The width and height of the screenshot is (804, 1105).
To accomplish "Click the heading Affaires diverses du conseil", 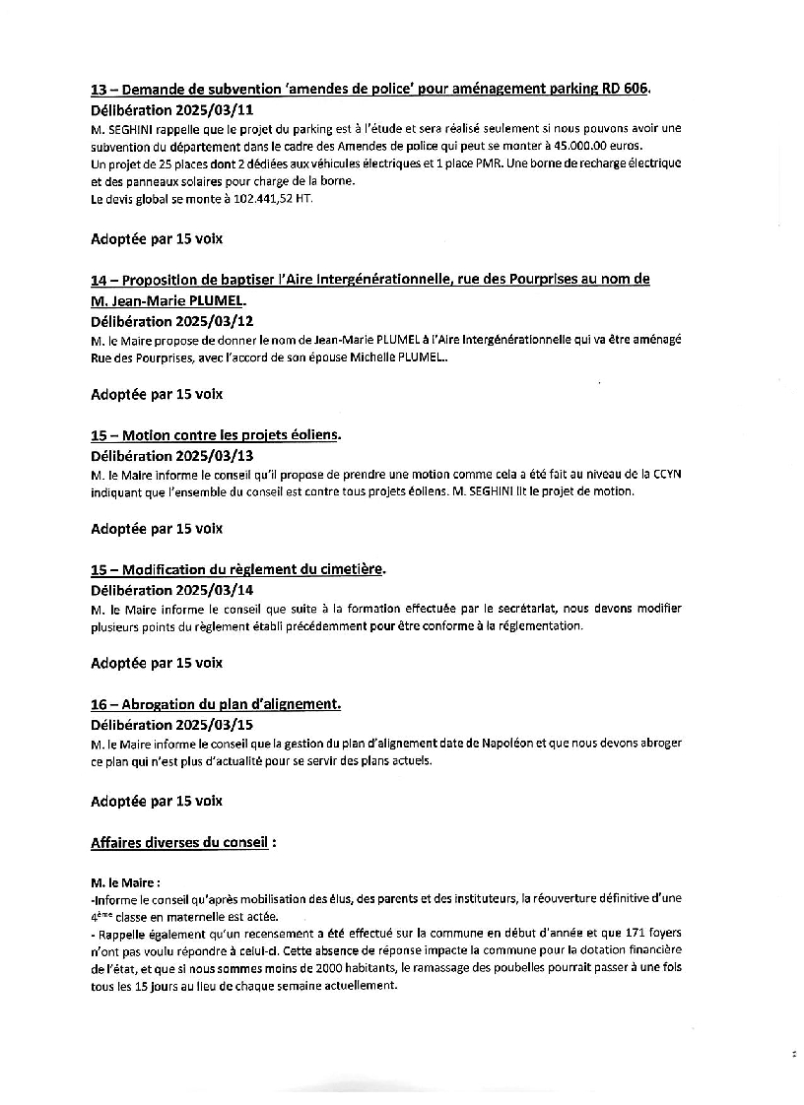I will [179, 843].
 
